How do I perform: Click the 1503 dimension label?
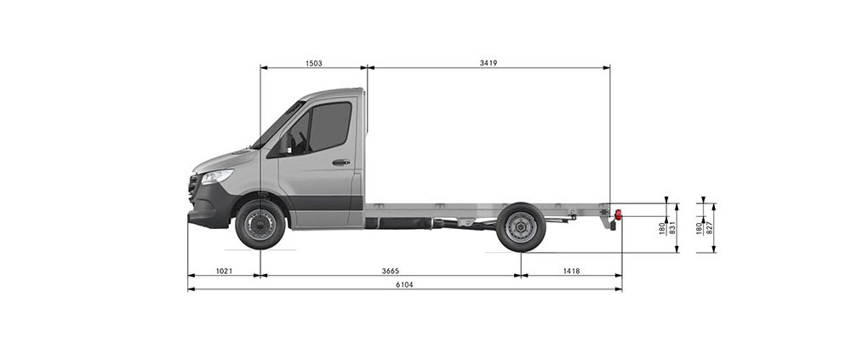[313, 63]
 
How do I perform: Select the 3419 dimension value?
[488, 63]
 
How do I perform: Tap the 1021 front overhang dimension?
[224, 271]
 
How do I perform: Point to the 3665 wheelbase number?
[390, 271]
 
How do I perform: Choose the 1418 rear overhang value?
[570, 271]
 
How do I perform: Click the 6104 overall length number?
[404, 285]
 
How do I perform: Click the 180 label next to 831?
[662, 227]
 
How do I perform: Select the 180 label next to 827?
[699, 227]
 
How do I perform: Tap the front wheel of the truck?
[260, 225]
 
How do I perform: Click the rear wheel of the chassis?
[520, 227]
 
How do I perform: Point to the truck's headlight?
[216, 176]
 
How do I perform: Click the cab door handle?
[340, 162]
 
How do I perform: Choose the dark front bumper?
[207, 210]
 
